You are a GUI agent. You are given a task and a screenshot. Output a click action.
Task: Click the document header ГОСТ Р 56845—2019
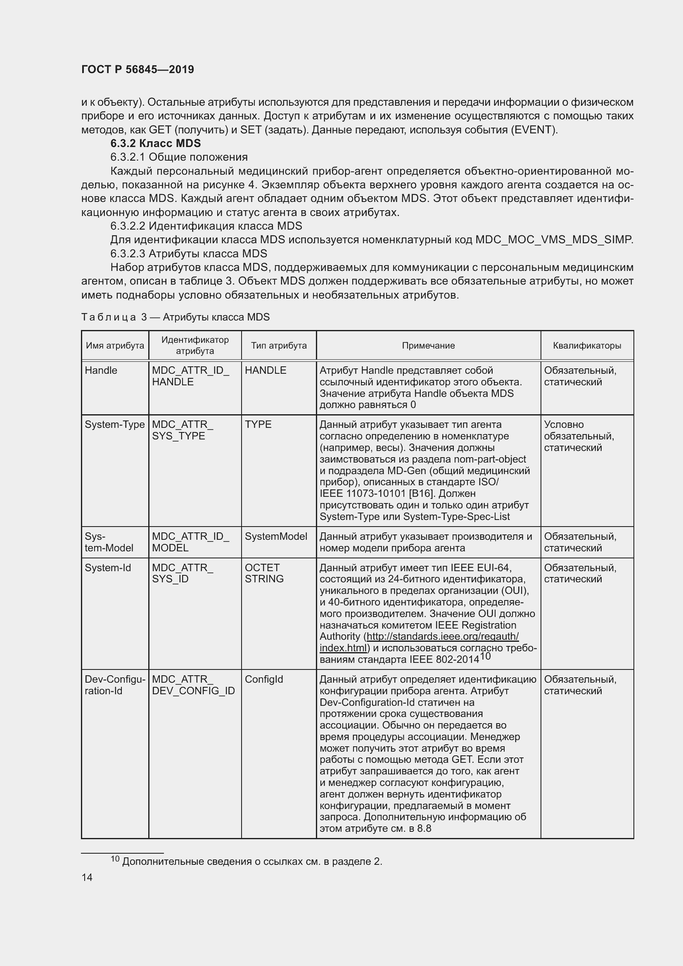click(138, 69)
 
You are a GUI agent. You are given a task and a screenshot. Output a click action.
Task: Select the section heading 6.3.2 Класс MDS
click(155, 143)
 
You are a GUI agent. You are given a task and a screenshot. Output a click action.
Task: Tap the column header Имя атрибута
click(115, 345)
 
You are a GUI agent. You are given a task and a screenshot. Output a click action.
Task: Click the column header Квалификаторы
click(587, 345)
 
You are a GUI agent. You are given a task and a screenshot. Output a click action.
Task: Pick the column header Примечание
click(428, 345)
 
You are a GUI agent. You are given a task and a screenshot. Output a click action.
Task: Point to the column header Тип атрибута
click(279, 345)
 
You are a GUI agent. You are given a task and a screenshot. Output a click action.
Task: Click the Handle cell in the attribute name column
click(101, 370)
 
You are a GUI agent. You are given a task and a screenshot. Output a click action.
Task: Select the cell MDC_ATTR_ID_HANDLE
click(190, 376)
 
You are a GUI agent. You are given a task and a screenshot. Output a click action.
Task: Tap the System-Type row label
click(114, 425)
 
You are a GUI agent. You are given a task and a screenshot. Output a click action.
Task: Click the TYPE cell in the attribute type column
click(258, 425)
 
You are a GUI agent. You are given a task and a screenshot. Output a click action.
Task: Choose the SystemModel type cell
click(276, 536)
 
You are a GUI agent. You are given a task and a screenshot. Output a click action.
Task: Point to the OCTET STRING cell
click(264, 573)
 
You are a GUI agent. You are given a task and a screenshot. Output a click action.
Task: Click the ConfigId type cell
click(264, 679)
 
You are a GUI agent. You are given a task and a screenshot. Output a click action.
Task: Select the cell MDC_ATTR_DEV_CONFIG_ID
click(193, 685)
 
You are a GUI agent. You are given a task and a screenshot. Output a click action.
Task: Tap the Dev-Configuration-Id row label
click(114, 685)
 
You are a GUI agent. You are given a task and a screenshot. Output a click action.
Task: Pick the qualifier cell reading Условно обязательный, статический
click(579, 436)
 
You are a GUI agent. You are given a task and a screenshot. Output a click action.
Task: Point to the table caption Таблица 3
click(175, 317)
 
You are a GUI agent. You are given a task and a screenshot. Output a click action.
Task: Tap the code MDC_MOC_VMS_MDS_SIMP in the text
click(553, 240)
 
